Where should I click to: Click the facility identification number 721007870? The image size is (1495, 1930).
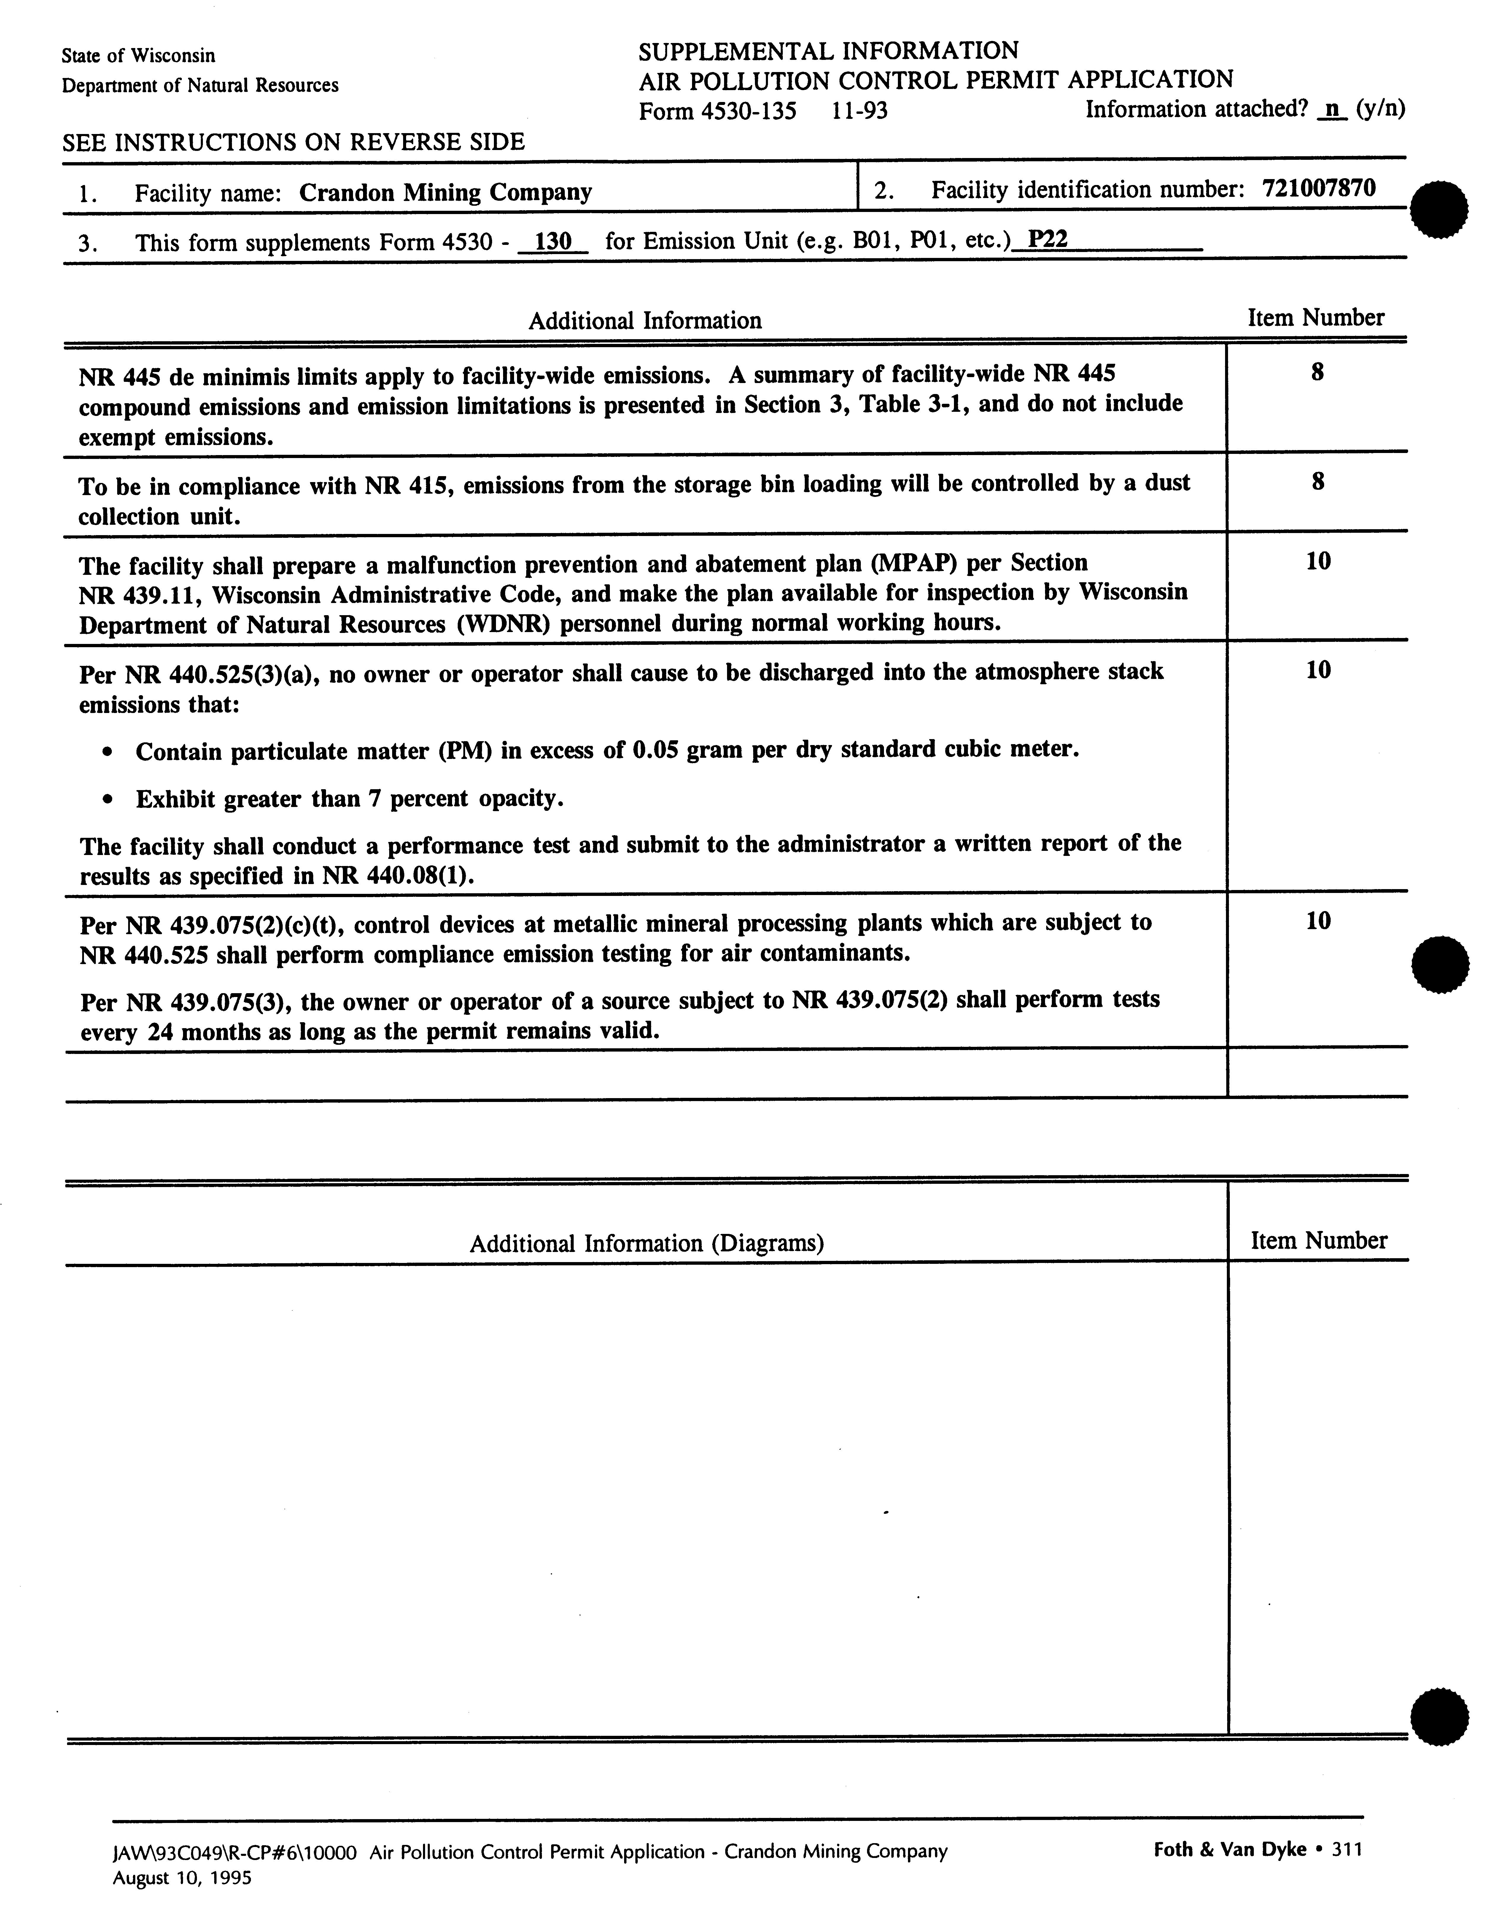pos(1319,188)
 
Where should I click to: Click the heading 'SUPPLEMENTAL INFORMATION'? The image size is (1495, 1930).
pos(828,50)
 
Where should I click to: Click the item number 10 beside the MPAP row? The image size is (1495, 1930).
pos(1317,561)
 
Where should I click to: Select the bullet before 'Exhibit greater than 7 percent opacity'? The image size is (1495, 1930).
pos(107,800)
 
